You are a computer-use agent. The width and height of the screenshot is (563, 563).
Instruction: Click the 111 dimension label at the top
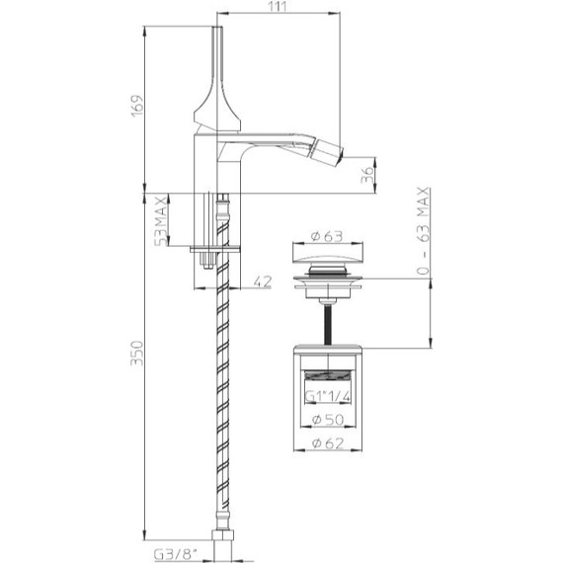[x=278, y=6]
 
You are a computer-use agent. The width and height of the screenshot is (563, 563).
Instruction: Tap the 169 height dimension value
[x=137, y=106]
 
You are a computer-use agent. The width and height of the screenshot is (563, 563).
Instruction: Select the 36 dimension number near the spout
[x=367, y=175]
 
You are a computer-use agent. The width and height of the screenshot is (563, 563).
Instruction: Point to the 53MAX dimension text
[x=160, y=220]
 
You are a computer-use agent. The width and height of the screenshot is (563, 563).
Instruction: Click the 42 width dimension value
[x=263, y=281]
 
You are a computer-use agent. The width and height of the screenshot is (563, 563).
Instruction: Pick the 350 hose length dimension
[x=137, y=354]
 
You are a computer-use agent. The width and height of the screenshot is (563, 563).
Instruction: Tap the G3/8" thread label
[x=176, y=555]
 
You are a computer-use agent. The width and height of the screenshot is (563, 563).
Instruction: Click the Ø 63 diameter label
[x=327, y=236]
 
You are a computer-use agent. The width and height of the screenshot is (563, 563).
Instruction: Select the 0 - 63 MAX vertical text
[x=424, y=231]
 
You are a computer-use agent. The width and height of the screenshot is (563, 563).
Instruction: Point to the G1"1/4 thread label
[x=328, y=396]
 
